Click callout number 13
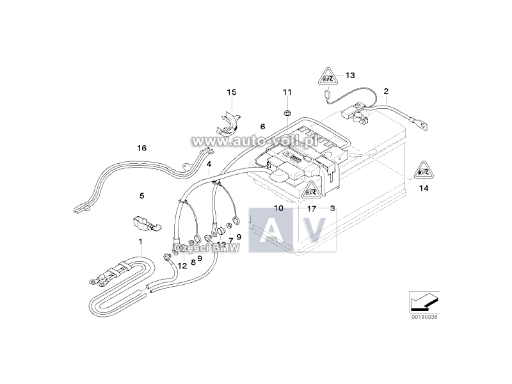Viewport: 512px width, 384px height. click(350, 76)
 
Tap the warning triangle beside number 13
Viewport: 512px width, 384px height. click(326, 77)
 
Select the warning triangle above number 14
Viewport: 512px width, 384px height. click(422, 169)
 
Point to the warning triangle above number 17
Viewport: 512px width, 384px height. click(311, 189)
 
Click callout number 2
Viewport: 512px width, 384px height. click(386, 92)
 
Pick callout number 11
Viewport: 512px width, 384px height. click(287, 93)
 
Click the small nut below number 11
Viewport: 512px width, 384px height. click(287, 113)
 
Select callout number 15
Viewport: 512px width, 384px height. click(232, 93)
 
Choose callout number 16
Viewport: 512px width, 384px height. click(141, 148)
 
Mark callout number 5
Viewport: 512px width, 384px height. click(142, 195)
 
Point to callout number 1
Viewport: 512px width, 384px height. click(140, 241)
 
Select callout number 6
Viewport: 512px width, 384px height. click(262, 127)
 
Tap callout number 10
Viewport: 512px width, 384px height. click(278, 208)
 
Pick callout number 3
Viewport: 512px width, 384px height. click(333, 208)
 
